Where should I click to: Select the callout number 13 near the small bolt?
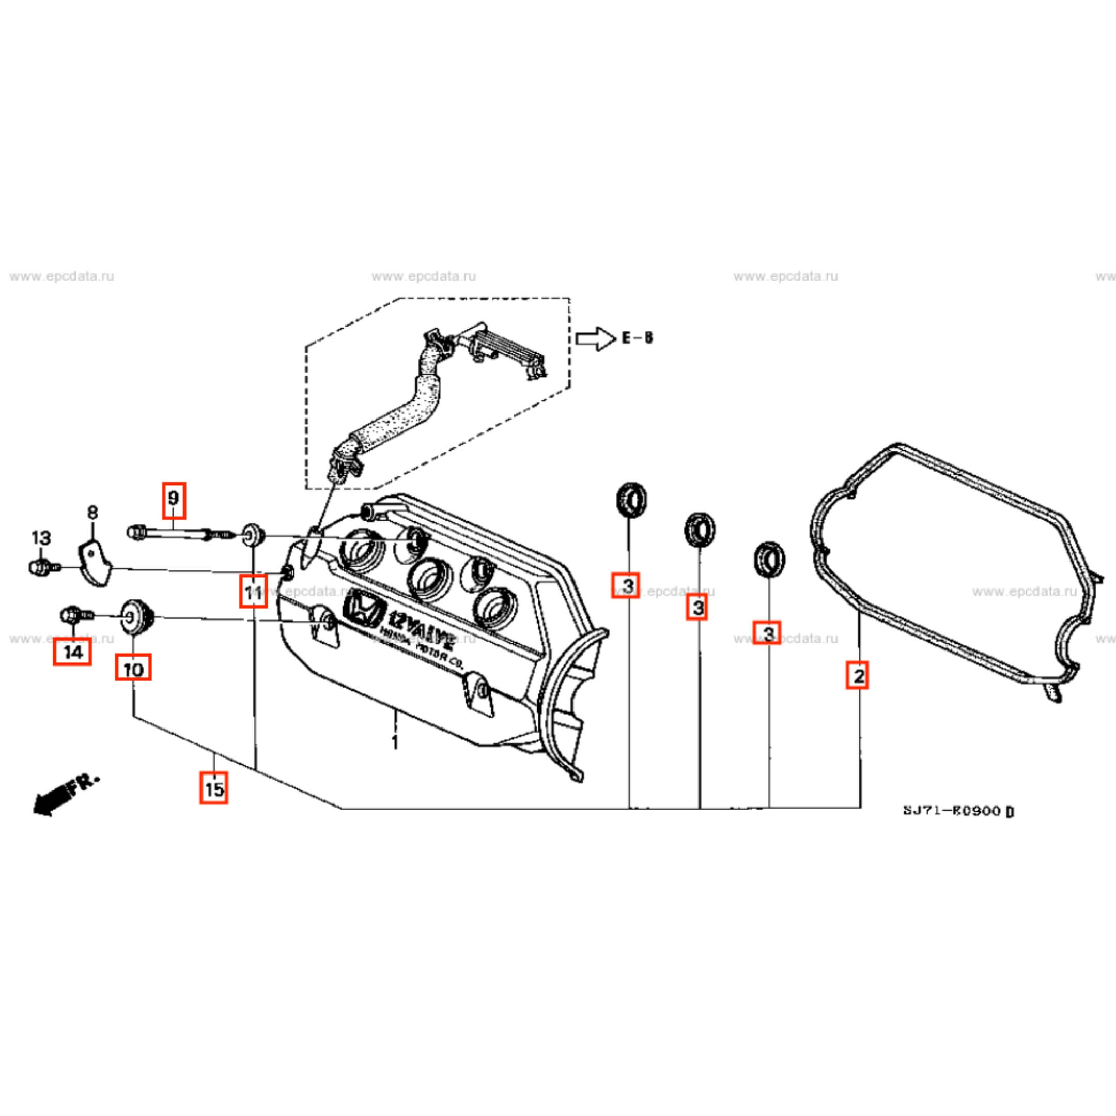(41, 538)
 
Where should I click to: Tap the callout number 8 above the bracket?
(92, 512)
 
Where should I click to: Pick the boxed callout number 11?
(253, 592)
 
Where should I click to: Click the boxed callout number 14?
(73, 653)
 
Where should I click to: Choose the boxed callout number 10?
(133, 670)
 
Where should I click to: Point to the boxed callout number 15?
(214, 788)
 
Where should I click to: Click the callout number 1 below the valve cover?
(395, 742)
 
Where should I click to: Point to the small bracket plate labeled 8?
(94, 563)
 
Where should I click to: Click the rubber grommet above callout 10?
(137, 617)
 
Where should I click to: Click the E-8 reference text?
(638, 337)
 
